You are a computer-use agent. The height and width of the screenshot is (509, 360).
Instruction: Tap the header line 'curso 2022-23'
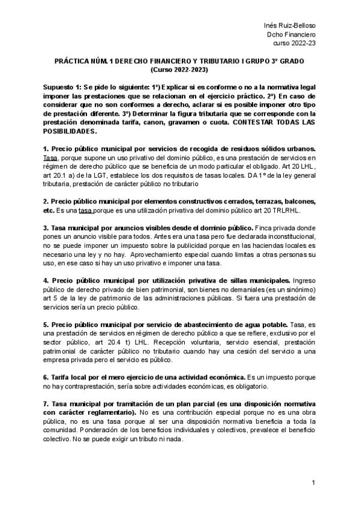point(295,43)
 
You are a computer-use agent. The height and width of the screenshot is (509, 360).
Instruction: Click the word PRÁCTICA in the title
point(73,62)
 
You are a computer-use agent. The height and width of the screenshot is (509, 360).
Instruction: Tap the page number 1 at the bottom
point(314,483)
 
